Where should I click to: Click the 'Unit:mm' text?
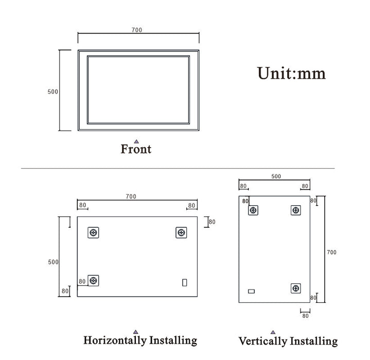(x=291, y=74)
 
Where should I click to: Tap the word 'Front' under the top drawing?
(x=136, y=150)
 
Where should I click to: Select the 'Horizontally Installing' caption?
(x=140, y=340)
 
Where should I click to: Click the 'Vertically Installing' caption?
(x=288, y=341)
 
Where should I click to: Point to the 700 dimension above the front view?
(x=136, y=30)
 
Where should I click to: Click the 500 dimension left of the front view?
(x=52, y=92)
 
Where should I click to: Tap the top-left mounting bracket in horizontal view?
(x=93, y=233)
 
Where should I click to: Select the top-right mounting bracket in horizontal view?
(x=181, y=233)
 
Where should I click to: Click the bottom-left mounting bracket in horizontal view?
(x=93, y=280)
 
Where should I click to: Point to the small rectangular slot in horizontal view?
(x=185, y=282)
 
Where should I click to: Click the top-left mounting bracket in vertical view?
(x=253, y=210)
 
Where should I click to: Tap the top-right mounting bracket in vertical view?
(x=295, y=210)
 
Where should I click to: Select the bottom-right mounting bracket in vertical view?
(x=295, y=289)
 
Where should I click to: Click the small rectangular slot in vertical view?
(x=251, y=292)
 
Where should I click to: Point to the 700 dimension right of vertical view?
(x=331, y=253)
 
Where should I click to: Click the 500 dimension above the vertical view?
(x=276, y=176)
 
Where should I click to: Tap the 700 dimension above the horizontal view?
(x=131, y=197)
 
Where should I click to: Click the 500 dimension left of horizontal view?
(x=53, y=262)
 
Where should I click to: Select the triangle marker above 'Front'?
(x=136, y=141)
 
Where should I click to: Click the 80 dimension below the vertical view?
(x=305, y=316)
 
